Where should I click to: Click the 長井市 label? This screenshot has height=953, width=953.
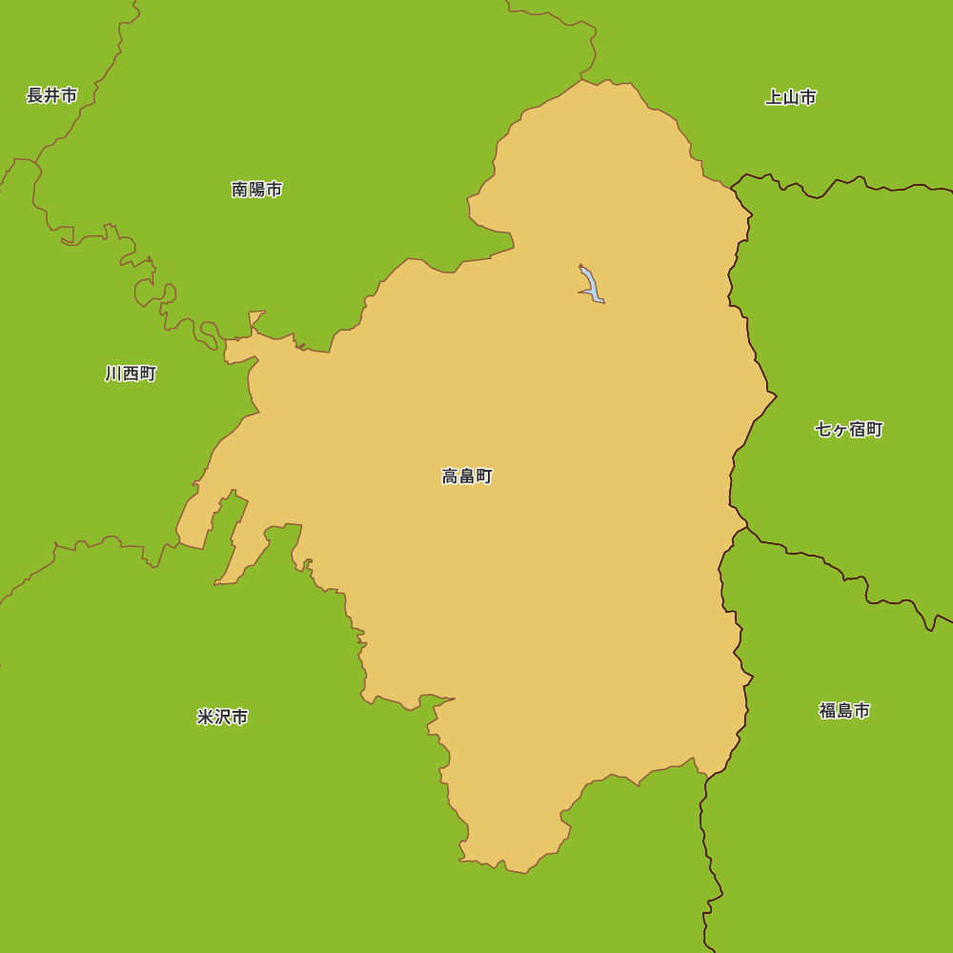(52, 95)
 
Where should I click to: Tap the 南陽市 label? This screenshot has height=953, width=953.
(257, 190)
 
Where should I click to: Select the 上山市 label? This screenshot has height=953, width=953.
(791, 97)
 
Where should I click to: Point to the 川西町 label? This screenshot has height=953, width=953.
(131, 374)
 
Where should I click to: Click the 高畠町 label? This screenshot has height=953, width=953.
(467, 476)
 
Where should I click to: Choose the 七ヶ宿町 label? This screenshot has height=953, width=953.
(849, 430)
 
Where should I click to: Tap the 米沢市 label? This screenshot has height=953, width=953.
(223, 717)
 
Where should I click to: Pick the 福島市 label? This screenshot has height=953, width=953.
(844, 711)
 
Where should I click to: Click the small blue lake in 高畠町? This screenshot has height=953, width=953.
(591, 285)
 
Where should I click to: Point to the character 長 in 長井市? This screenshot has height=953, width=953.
(35, 95)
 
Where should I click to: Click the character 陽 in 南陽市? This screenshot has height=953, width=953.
(257, 190)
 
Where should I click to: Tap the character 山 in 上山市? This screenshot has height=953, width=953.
(791, 97)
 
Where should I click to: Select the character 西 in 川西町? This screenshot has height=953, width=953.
(131, 374)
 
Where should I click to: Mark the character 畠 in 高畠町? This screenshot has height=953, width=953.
(467, 476)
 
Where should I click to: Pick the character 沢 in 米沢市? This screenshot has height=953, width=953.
(223, 717)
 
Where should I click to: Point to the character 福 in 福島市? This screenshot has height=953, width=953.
(827, 711)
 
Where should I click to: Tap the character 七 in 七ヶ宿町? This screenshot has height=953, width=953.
(823, 430)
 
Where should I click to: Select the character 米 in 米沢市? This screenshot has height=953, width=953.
(206, 717)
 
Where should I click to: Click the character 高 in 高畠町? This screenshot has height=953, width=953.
(450, 476)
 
